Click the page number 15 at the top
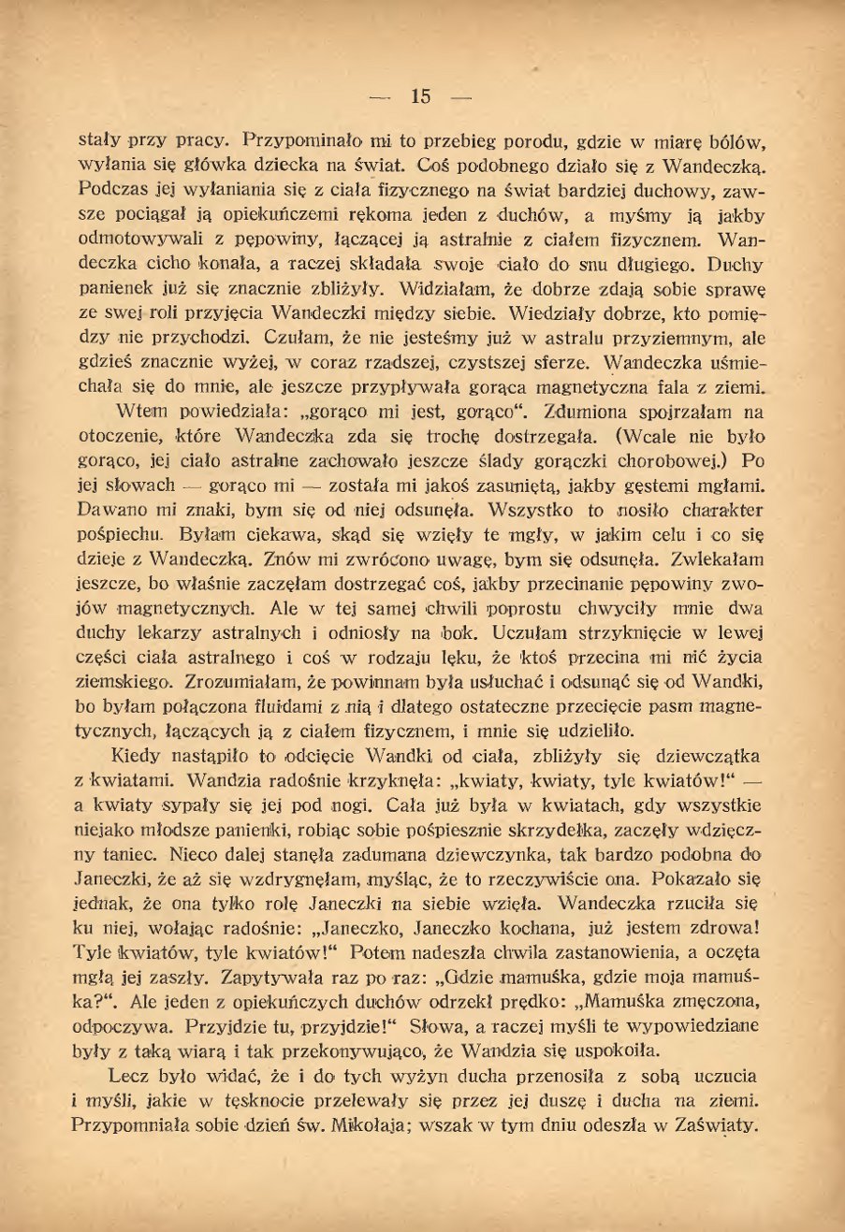click(x=420, y=95)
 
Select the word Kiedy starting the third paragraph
click(x=136, y=756)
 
